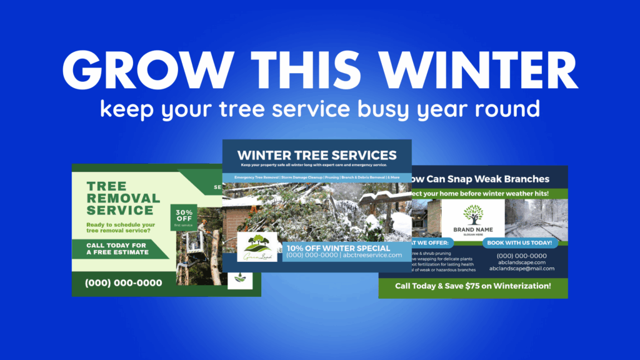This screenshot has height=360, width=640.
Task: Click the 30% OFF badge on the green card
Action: pos(184,217)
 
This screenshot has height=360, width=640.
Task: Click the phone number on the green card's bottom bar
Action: pos(123,283)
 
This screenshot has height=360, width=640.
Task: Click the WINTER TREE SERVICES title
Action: pos(317,155)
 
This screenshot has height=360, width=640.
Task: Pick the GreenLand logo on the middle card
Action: pos(257,247)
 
